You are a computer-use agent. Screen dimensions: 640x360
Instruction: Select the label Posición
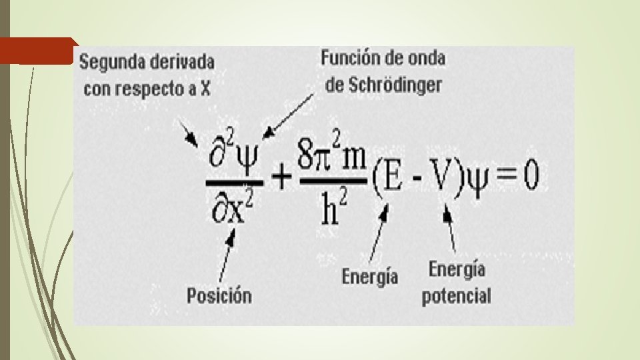pos(219,294)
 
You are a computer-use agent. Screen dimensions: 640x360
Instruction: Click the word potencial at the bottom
pos(457,295)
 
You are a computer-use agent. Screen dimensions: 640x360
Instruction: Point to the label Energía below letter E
pos(370,275)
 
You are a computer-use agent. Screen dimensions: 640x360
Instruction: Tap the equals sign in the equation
pos(507,177)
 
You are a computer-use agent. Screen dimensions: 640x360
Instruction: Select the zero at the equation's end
pos(531,177)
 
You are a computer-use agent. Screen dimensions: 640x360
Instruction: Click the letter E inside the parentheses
pos(392,177)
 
